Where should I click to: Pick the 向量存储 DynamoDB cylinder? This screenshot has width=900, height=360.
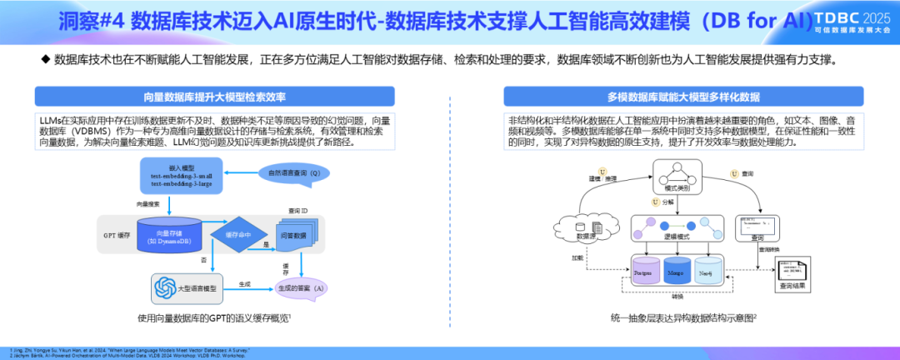point(171,236)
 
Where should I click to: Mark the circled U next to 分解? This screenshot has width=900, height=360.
point(655,202)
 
